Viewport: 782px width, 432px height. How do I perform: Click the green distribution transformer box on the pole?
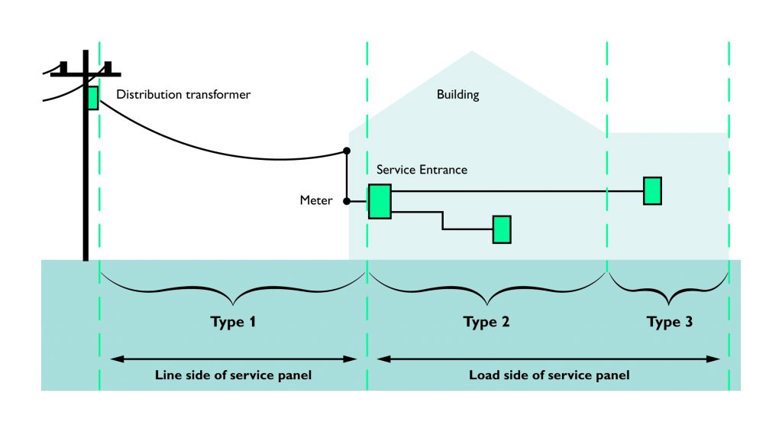(x=92, y=97)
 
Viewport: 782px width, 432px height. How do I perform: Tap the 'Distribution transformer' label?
(x=183, y=95)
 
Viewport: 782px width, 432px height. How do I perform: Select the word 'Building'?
(x=457, y=95)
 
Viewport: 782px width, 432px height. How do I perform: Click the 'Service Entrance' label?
(x=422, y=169)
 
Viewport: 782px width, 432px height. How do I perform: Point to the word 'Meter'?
(x=316, y=201)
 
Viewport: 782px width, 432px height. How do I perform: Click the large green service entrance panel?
(x=380, y=201)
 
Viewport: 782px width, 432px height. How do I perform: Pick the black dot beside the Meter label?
(x=347, y=201)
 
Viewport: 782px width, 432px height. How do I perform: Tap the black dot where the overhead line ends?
(x=347, y=151)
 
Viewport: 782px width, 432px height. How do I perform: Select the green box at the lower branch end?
(x=501, y=229)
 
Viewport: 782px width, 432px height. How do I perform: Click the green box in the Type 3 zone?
(x=652, y=190)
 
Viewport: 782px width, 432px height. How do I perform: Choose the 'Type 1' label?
(x=233, y=322)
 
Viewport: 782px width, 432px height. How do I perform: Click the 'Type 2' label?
(x=486, y=322)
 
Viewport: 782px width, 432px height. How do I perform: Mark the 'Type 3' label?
(x=670, y=322)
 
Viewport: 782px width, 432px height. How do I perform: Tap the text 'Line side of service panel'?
(x=233, y=375)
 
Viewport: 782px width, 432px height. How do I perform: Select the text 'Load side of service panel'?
(x=549, y=375)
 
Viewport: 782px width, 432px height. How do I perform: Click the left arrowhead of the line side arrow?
(x=115, y=358)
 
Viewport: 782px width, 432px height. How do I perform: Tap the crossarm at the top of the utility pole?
(x=86, y=73)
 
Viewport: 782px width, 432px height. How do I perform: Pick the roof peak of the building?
(x=471, y=52)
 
